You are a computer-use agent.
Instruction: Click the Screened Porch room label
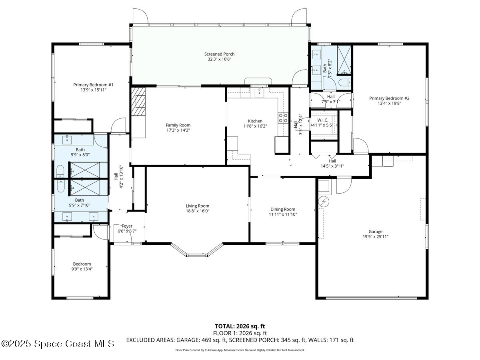[x=219, y=54]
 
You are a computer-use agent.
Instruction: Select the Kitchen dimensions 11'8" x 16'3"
[x=255, y=126]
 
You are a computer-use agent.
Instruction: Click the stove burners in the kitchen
[x=283, y=118]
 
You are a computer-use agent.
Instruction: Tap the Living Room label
[x=197, y=206]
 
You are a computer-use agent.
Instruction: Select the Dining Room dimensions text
[x=282, y=214]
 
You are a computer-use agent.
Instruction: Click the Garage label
[x=375, y=231]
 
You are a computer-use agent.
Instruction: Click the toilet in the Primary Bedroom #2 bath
[x=344, y=83]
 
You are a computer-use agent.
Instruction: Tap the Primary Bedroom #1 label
[x=93, y=84]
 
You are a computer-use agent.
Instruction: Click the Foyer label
[x=127, y=226]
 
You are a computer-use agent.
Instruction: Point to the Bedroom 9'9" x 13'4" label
[x=82, y=264]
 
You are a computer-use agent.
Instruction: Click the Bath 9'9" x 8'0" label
[x=80, y=150]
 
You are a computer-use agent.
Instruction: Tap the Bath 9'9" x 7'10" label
[x=80, y=200]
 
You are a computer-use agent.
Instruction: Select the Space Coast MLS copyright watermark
[x=58, y=344]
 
